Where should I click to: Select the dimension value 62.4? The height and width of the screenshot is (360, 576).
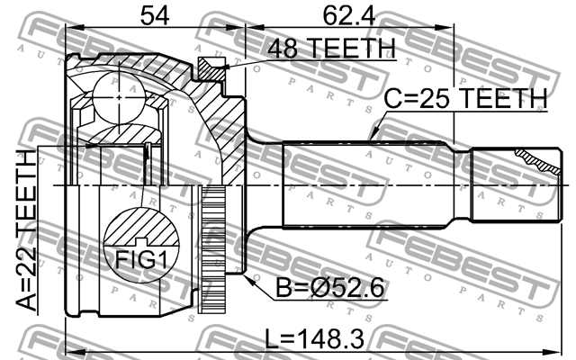point(346,14)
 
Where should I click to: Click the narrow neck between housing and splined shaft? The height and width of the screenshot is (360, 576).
point(261,184)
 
